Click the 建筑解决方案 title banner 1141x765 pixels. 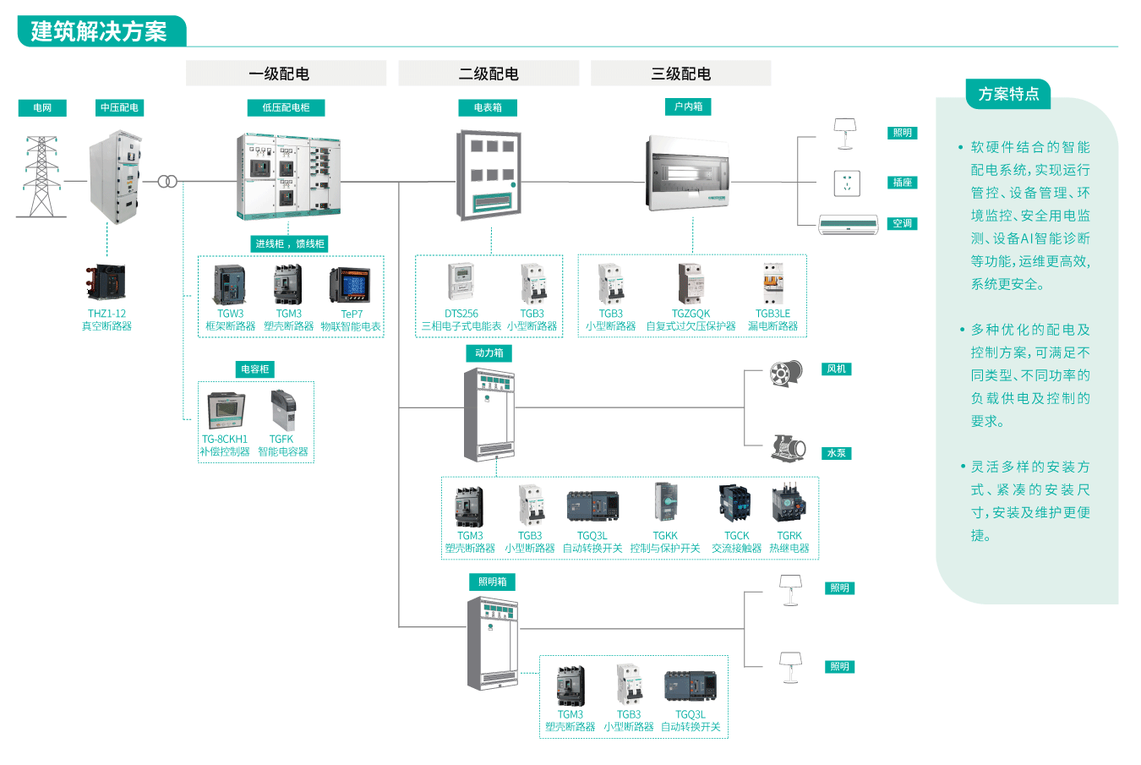[x=100, y=32]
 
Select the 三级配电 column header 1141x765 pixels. [x=680, y=74]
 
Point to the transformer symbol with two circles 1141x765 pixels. [x=167, y=182]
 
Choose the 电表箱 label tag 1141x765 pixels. [x=488, y=107]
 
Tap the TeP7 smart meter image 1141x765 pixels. [x=350, y=286]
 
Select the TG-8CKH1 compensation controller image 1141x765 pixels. [x=226, y=411]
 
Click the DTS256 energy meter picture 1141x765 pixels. [x=461, y=282]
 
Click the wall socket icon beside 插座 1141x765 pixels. [x=847, y=183]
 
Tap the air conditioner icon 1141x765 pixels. [x=848, y=224]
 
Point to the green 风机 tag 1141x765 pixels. [x=836, y=369]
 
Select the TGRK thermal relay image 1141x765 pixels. [x=789, y=504]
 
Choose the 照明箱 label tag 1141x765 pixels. [x=492, y=582]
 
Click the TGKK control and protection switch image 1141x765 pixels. [x=665, y=502]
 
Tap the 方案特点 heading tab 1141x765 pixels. [x=1008, y=94]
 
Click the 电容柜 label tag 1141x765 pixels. [x=254, y=369]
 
